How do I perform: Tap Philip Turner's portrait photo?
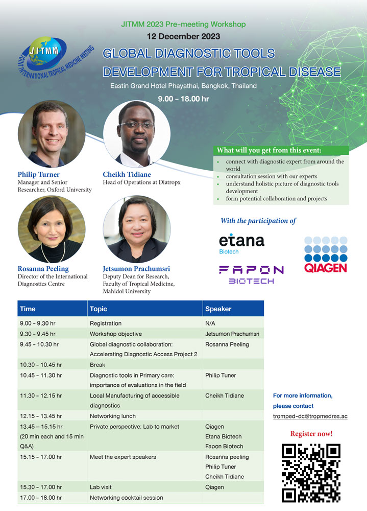(52, 133)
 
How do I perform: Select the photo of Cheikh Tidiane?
(137, 133)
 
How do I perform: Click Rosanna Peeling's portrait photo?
(52, 229)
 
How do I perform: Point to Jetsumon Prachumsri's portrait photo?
(137, 229)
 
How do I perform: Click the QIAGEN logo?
(326, 254)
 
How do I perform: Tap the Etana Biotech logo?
(241, 244)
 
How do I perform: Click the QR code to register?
(311, 473)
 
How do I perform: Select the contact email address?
(310, 416)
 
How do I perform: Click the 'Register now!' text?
(311, 434)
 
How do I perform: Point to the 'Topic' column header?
(99, 309)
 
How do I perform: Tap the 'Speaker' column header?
(218, 309)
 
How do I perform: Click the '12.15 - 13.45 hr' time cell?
(41, 416)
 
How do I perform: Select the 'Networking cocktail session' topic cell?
(127, 498)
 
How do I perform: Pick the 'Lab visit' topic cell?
(101, 487)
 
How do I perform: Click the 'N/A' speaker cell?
(210, 323)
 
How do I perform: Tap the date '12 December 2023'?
(183, 36)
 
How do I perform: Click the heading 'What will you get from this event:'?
(269, 150)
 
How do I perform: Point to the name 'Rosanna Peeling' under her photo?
(43, 269)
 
